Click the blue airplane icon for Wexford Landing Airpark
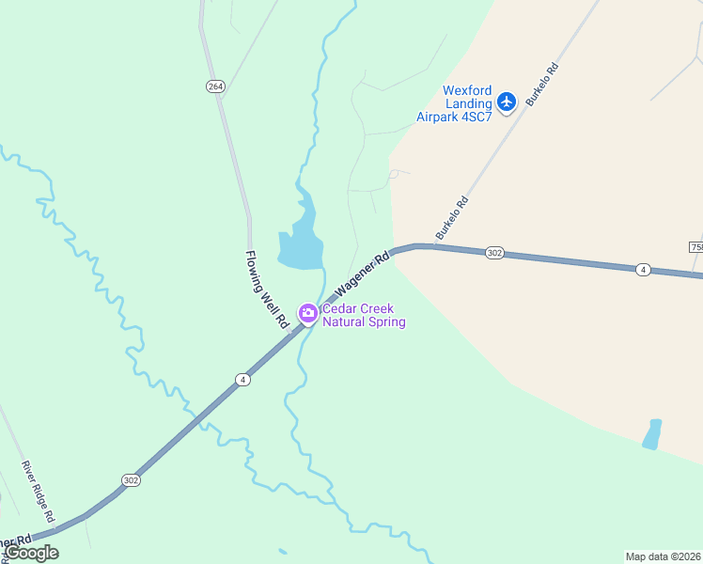click(x=507, y=101)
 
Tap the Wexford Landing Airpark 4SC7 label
click(x=454, y=103)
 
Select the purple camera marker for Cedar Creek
click(x=307, y=313)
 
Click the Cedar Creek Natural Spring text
click(x=364, y=316)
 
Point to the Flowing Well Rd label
click(x=267, y=289)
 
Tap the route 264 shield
click(x=216, y=86)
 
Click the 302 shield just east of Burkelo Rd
click(x=495, y=253)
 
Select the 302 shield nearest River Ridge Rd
click(x=131, y=480)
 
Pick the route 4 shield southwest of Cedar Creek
click(x=242, y=380)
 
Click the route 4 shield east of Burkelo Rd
click(x=643, y=270)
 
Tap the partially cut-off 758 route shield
click(x=696, y=246)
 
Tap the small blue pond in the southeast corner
click(x=651, y=434)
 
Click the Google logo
click(x=32, y=553)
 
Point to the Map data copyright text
click(x=664, y=556)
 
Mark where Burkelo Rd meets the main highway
click(x=420, y=246)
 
